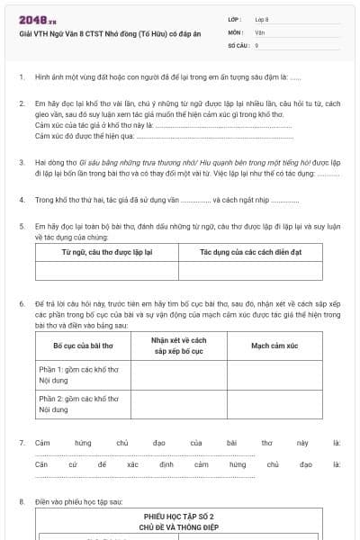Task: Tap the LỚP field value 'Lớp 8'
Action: pyautogui.click(x=263, y=19)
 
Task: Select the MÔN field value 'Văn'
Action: pyautogui.click(x=260, y=31)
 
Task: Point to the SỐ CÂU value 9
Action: pyautogui.click(x=257, y=44)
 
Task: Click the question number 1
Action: pyautogui.click(x=22, y=77)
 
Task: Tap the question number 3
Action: pyautogui.click(x=22, y=163)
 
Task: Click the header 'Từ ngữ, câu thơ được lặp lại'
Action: pyautogui.click(x=106, y=252)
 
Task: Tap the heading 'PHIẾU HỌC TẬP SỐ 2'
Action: pyautogui.click(x=180, y=517)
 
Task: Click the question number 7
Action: pyautogui.click(x=22, y=443)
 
